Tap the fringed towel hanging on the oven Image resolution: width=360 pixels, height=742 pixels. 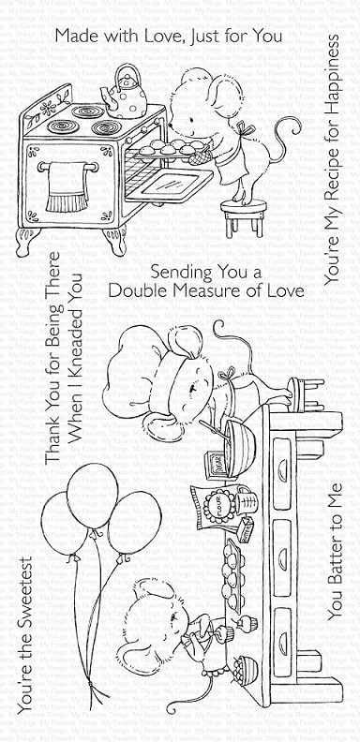coord(67,187)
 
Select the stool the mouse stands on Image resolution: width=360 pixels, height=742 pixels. coord(244,217)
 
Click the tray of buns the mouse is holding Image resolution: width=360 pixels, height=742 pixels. coord(165,149)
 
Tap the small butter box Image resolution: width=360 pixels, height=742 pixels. coord(247,527)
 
